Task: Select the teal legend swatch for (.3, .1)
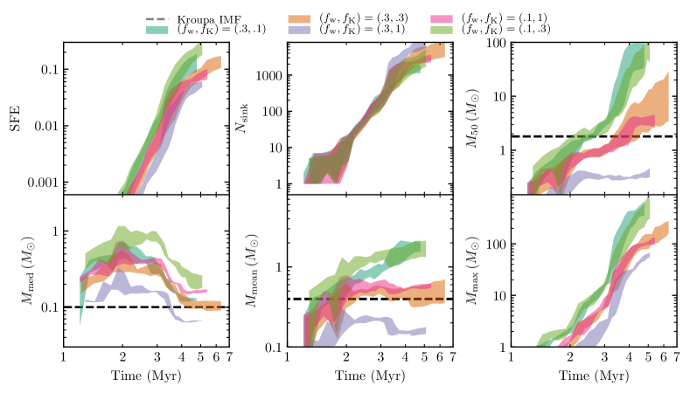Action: (158, 29)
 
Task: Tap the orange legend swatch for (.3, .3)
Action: (303, 17)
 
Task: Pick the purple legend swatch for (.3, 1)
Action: (303, 29)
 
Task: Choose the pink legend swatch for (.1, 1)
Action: (447, 17)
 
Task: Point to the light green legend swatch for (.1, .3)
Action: (447, 29)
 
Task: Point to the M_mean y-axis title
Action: (248, 270)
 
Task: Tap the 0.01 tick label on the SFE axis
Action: (47, 126)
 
